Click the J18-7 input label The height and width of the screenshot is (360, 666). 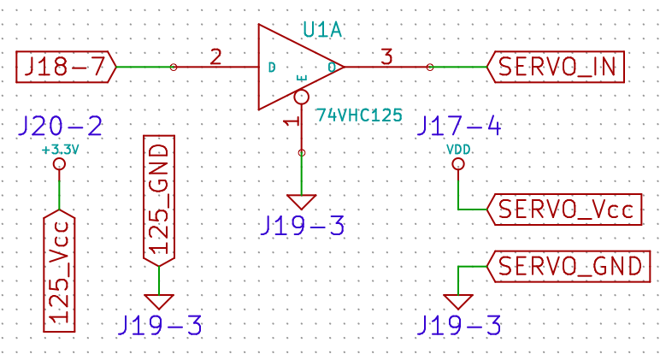coord(66,67)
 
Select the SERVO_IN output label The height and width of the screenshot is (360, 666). coord(556,67)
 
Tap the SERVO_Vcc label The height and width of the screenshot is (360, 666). coord(564,210)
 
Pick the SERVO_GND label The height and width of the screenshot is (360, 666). coord(569,267)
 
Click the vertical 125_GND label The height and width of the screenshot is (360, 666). coord(159,201)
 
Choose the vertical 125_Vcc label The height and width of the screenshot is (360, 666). coord(60,271)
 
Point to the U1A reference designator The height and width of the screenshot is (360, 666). coord(322,30)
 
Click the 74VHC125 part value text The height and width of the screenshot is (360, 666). coord(359,115)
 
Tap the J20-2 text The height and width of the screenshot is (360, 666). coord(60,127)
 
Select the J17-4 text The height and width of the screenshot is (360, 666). coord(459,127)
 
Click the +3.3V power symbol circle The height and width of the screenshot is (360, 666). coord(59,163)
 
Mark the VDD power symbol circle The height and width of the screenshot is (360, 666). coord(458,163)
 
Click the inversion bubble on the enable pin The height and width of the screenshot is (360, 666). coord(301,97)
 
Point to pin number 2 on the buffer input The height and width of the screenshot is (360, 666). coord(215,57)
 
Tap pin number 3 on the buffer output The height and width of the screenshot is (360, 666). coord(386,57)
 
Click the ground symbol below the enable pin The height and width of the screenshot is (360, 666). coord(302,202)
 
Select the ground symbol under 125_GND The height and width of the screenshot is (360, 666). coord(159,301)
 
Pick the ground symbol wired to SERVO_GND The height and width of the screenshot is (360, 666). coord(458,301)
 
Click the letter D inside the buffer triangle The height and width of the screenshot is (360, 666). coord(272,68)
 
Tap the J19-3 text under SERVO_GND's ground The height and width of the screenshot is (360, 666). coord(459,326)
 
